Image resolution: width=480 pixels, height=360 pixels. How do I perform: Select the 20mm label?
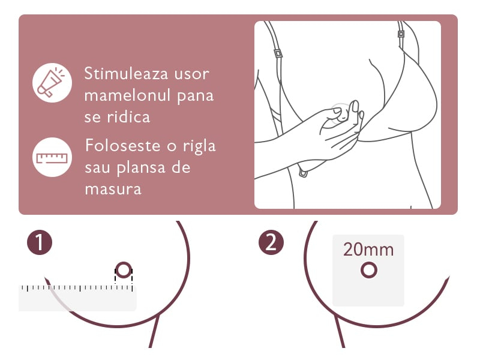tap(368, 250)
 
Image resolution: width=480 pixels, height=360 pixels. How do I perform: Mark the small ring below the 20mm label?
tap(368, 271)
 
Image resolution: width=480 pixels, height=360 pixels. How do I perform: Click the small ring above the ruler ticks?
tap(123, 271)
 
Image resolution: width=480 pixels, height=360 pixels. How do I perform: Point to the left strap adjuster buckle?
tap(278, 53)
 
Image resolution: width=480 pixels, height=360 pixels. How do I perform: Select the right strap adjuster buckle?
tap(401, 33)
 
